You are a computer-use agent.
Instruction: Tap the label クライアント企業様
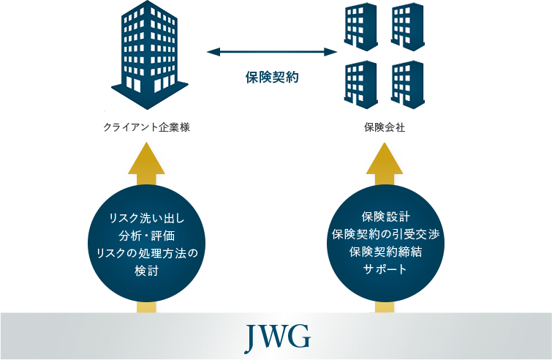(146, 127)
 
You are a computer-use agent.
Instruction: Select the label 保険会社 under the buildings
(385, 127)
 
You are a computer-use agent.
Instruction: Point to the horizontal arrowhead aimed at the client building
(213, 52)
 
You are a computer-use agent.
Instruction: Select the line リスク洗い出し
(146, 217)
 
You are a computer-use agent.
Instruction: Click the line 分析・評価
(146, 235)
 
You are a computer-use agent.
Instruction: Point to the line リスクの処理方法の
(146, 253)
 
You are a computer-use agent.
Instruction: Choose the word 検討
(146, 271)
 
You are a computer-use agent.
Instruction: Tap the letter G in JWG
(300, 336)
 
